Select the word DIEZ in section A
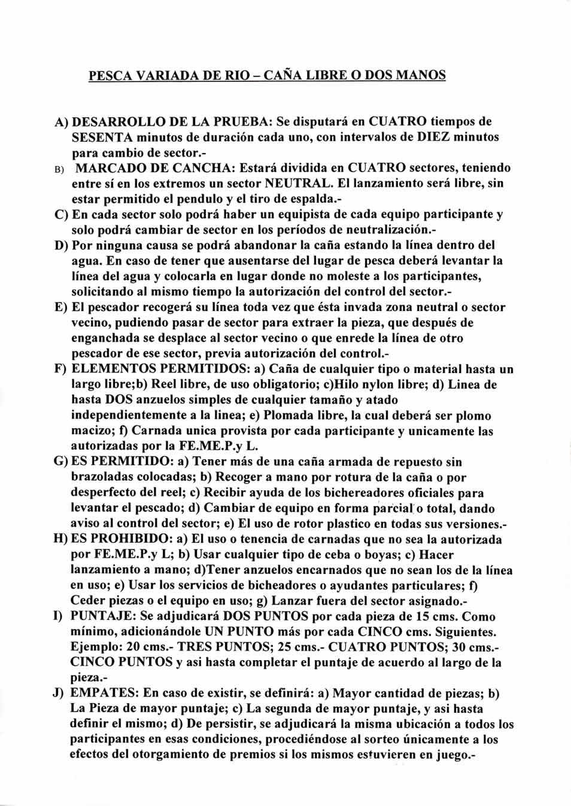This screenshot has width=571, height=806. coord(433,137)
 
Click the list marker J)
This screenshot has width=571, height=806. coord(59,694)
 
